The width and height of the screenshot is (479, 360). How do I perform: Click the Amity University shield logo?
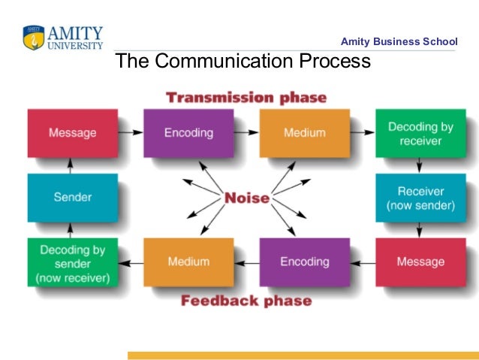(x=34, y=37)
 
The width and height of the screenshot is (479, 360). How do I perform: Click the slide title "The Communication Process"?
(x=242, y=62)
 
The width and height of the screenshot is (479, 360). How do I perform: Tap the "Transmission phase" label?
(x=246, y=98)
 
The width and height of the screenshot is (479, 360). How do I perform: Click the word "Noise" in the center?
(x=246, y=198)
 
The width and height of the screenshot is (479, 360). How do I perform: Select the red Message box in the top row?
(x=73, y=133)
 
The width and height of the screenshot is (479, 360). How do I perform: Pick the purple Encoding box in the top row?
(x=188, y=133)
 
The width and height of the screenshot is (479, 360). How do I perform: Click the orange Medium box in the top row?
(x=304, y=133)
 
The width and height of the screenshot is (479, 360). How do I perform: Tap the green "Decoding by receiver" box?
(x=420, y=133)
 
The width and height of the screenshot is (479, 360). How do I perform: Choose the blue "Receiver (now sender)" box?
(x=420, y=198)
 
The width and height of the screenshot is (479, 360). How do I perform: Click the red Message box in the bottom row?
(x=420, y=262)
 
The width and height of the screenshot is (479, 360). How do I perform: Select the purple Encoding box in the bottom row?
(x=304, y=262)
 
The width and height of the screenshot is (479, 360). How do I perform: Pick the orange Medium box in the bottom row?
(x=188, y=262)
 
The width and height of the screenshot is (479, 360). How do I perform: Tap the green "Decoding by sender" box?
(x=73, y=262)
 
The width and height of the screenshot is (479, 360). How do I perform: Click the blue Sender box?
(x=73, y=198)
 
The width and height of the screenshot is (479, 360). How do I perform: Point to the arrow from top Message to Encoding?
(x=131, y=132)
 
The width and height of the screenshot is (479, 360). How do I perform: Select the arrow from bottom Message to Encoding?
(x=363, y=262)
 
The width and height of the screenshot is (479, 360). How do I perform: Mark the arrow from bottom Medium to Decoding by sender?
(x=131, y=262)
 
